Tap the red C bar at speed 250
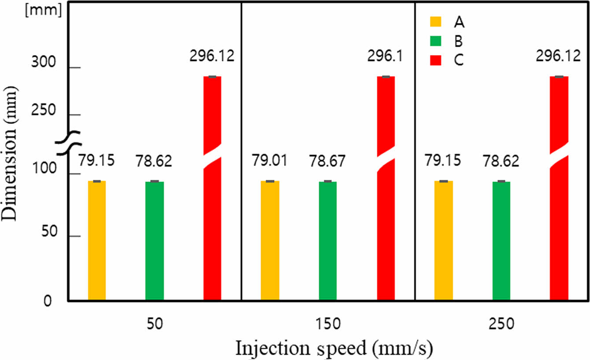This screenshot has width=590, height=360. (559, 220)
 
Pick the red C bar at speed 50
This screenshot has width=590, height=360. (212, 220)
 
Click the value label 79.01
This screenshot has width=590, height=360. (269, 160)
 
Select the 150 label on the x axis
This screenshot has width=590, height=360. (328, 325)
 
